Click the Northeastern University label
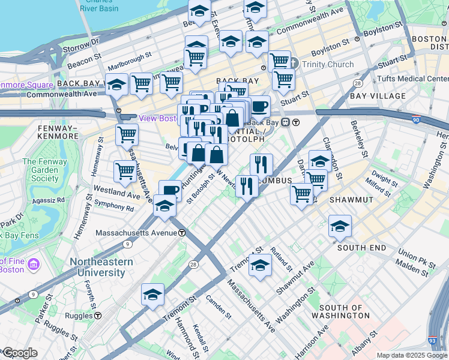pos(97,267)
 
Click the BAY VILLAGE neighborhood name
pos(375,96)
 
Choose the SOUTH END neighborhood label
pos(361,247)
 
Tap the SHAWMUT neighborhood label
pos(354,199)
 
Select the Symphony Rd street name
pos(113,208)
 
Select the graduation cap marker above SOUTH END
pos(340,227)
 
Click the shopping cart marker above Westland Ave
pos(125,171)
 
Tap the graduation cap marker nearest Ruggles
pos(153,295)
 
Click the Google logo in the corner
pos(19,353)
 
